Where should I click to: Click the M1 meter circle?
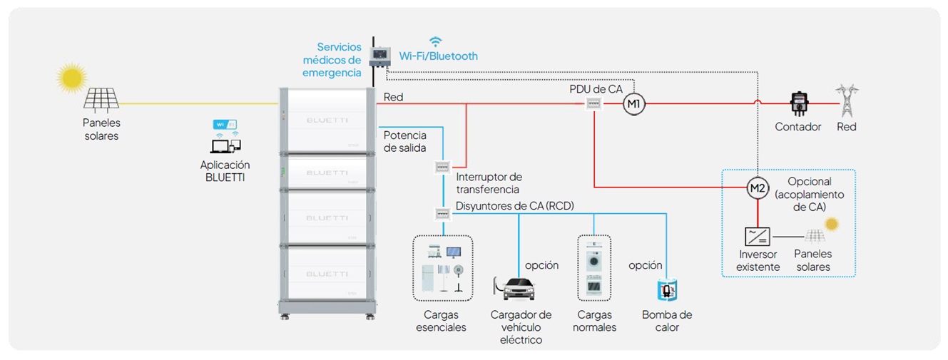pyautogui.click(x=633, y=105)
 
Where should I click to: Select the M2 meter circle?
pyautogui.click(x=758, y=188)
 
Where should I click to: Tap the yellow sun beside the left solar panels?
pyautogui.click(x=71, y=78)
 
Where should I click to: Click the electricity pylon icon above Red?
pyautogui.click(x=847, y=101)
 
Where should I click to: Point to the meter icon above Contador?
pyautogui.click(x=799, y=104)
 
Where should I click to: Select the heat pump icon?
pyautogui.click(x=667, y=290)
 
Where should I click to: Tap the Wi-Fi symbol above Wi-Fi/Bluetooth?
pyautogui.click(x=435, y=41)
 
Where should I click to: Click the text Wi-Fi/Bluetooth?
pyautogui.click(x=439, y=56)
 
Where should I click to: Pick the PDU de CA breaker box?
pyautogui.click(x=594, y=104)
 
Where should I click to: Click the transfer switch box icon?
pyautogui.click(x=442, y=168)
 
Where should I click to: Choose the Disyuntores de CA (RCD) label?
pyautogui.click(x=515, y=207)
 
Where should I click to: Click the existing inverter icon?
pyautogui.click(x=756, y=236)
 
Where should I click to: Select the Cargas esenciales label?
pyautogui.click(x=441, y=321)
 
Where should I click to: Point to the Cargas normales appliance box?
pyautogui.click(x=593, y=267)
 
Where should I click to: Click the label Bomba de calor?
pyautogui.click(x=667, y=321)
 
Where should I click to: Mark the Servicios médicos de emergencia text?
pyautogui.click(x=332, y=59)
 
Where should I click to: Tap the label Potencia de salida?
pyautogui.click(x=404, y=141)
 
